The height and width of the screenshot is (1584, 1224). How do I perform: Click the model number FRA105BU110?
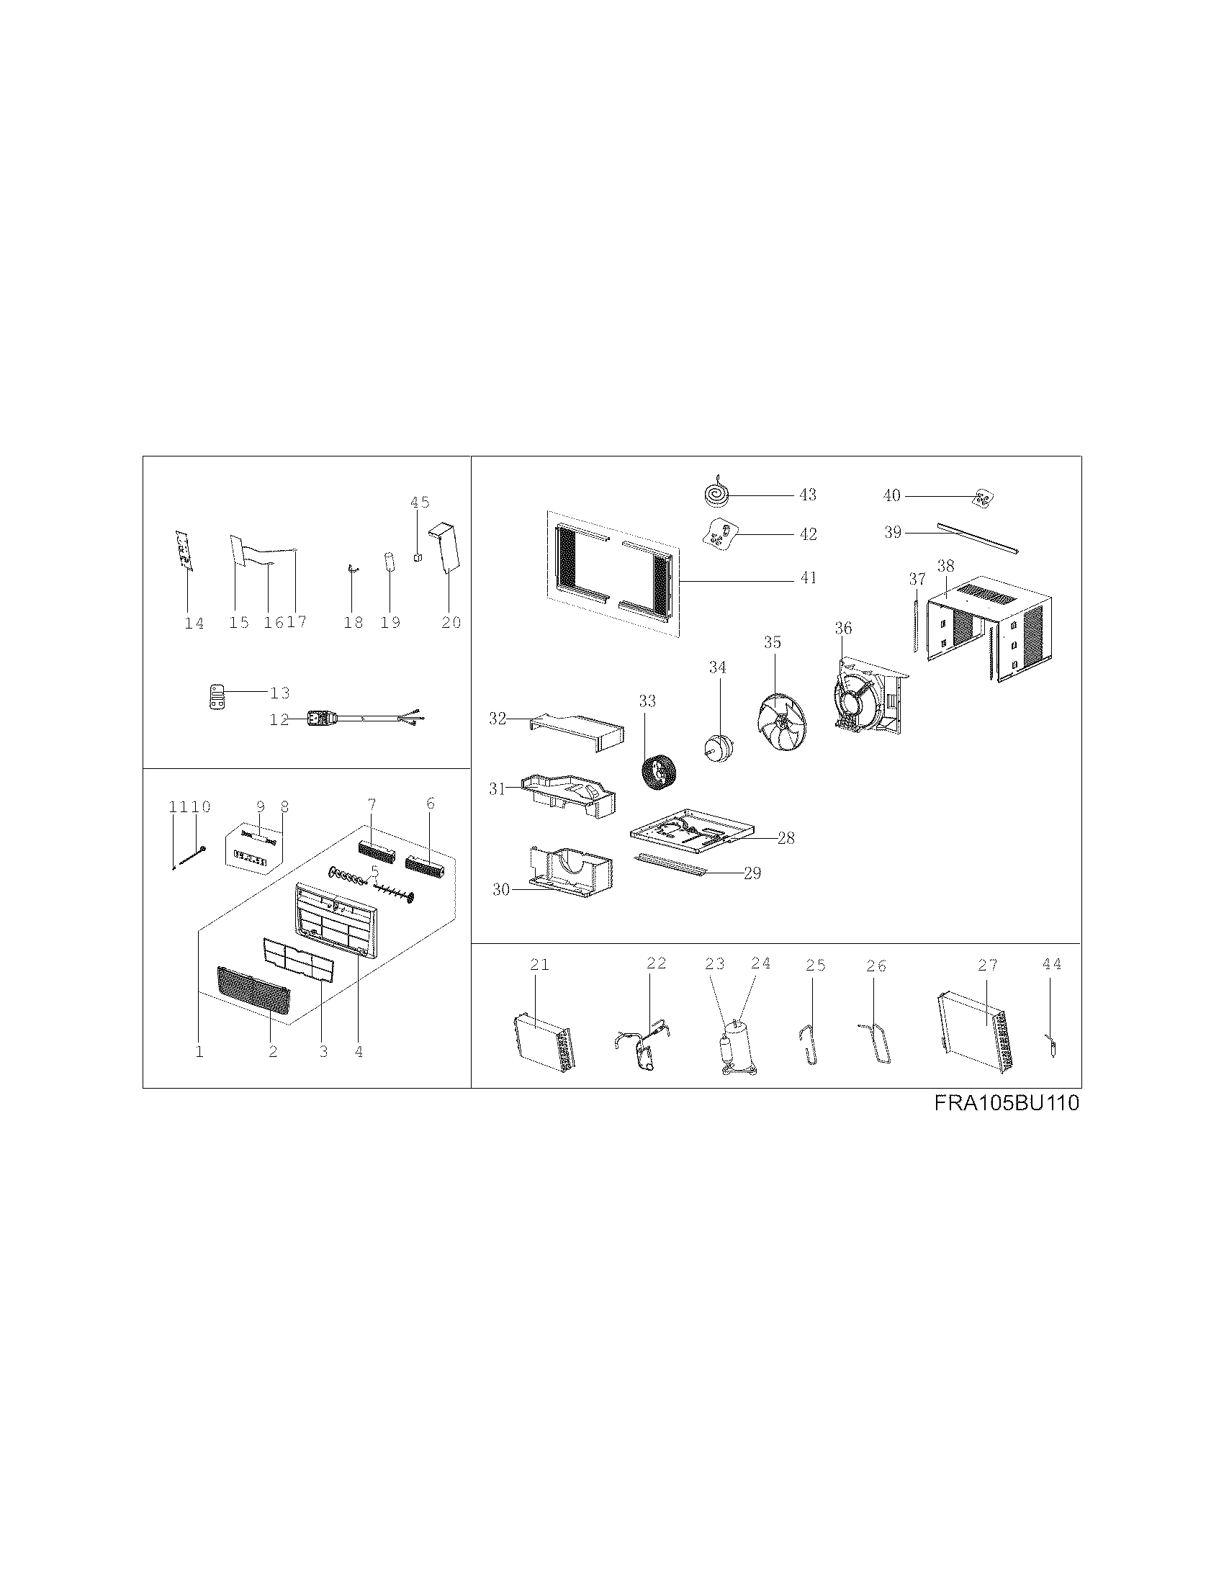[x=1007, y=1104]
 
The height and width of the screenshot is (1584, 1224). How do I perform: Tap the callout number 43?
[x=807, y=495]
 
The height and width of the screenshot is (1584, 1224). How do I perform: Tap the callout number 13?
[x=279, y=693]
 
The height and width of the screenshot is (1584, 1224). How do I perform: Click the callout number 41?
[x=808, y=577]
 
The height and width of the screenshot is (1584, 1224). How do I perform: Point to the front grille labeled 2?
[x=253, y=991]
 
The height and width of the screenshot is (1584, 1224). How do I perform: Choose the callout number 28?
[x=786, y=838]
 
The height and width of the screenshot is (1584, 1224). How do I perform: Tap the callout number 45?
[x=420, y=502]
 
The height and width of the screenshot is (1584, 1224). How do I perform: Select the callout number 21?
[x=539, y=965]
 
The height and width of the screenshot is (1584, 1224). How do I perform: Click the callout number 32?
[x=498, y=719]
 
